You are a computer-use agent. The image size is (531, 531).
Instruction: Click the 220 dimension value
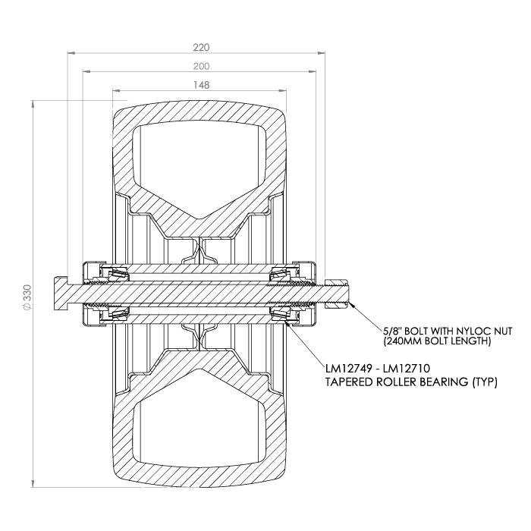(x=202, y=47)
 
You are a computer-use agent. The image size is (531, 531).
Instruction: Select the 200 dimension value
(x=202, y=66)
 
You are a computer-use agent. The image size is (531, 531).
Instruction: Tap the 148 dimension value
(x=202, y=85)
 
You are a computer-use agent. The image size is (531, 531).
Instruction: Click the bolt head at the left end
(x=61, y=294)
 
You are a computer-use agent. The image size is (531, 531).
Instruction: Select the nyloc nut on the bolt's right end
(x=337, y=294)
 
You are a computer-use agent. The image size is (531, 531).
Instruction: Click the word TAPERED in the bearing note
(x=350, y=382)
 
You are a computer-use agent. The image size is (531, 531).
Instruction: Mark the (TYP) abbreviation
(x=485, y=382)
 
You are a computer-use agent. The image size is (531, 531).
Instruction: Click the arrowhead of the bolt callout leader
(x=352, y=304)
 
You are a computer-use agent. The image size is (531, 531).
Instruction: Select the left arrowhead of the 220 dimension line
(x=71, y=52)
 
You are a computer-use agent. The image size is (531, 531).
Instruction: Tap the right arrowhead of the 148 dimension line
(x=283, y=90)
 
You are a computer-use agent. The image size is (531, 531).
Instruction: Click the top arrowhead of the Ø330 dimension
(x=33, y=104)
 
